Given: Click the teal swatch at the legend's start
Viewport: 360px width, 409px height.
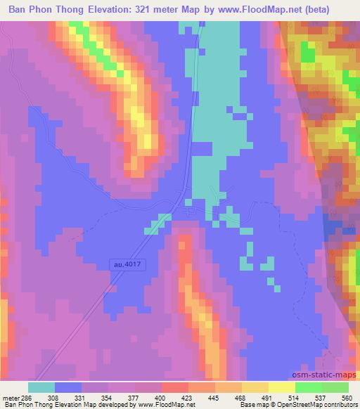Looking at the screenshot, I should [x=41, y=387].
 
